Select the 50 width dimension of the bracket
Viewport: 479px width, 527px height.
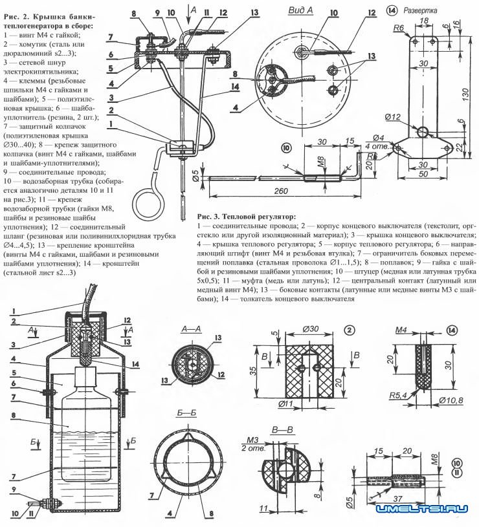coord(423,175)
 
